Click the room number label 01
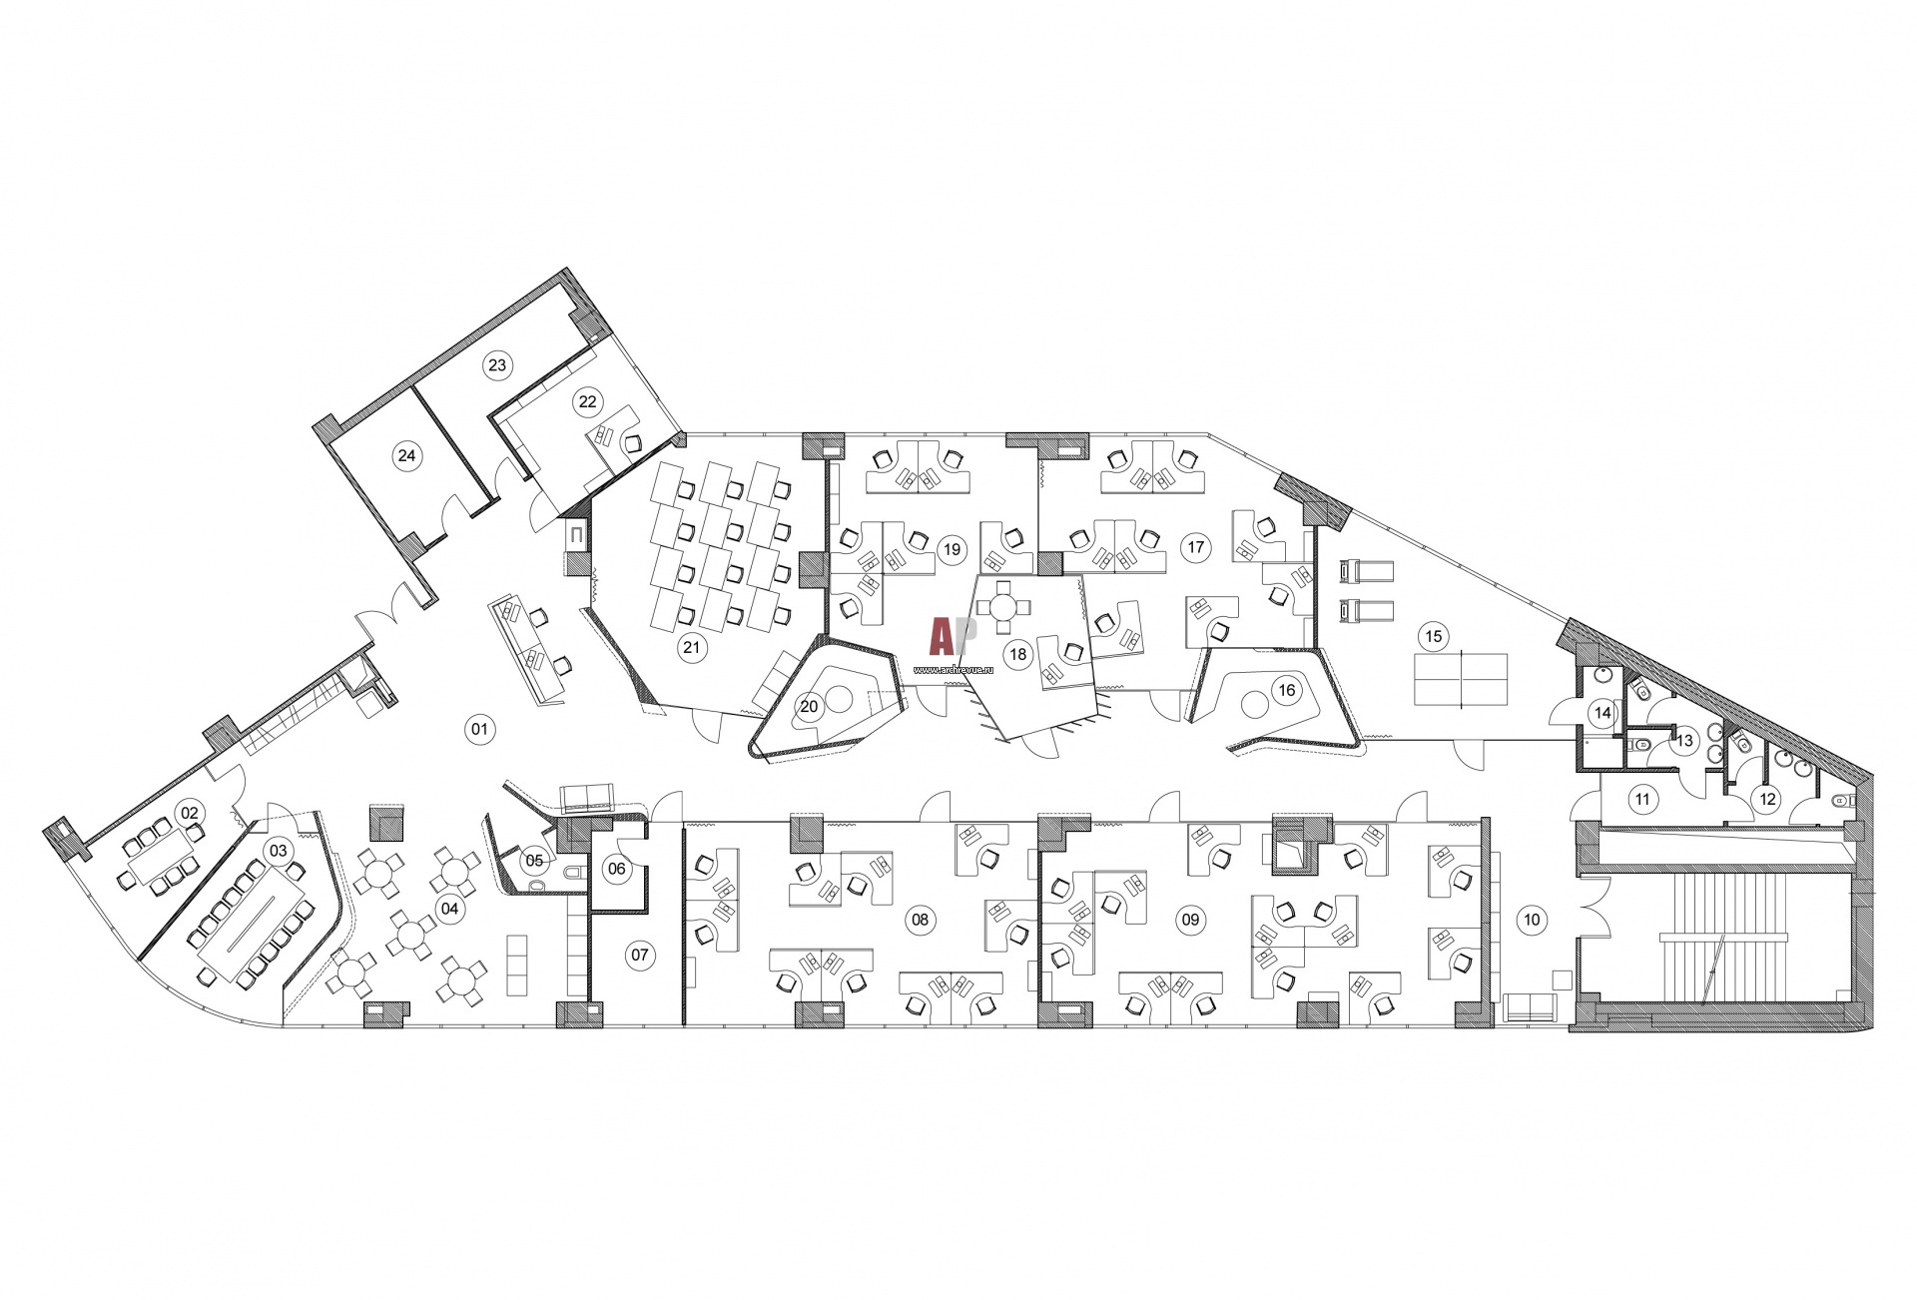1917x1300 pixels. point(479,730)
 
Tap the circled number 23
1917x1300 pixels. point(497,365)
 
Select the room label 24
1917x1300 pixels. point(405,456)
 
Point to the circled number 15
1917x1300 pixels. point(1433,635)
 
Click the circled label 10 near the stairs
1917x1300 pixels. point(1533,920)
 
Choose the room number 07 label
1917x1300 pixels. point(639,956)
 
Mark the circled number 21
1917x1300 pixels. point(691,647)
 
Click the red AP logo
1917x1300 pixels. point(946,635)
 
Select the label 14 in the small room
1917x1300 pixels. point(1602,713)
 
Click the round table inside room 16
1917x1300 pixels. point(1252,706)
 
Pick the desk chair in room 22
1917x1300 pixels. point(633,444)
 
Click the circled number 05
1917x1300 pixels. point(534,860)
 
